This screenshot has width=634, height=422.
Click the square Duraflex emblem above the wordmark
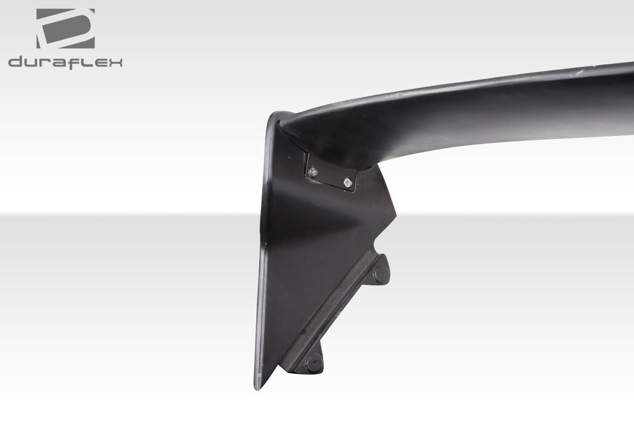pos(65,28)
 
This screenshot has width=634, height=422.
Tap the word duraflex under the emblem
pos(65,62)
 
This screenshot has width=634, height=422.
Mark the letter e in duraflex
pos(99,63)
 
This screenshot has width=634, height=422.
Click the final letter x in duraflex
pos(115,63)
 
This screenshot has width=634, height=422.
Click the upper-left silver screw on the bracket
pos(313,172)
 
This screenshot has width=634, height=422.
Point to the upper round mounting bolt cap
pos(381,274)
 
